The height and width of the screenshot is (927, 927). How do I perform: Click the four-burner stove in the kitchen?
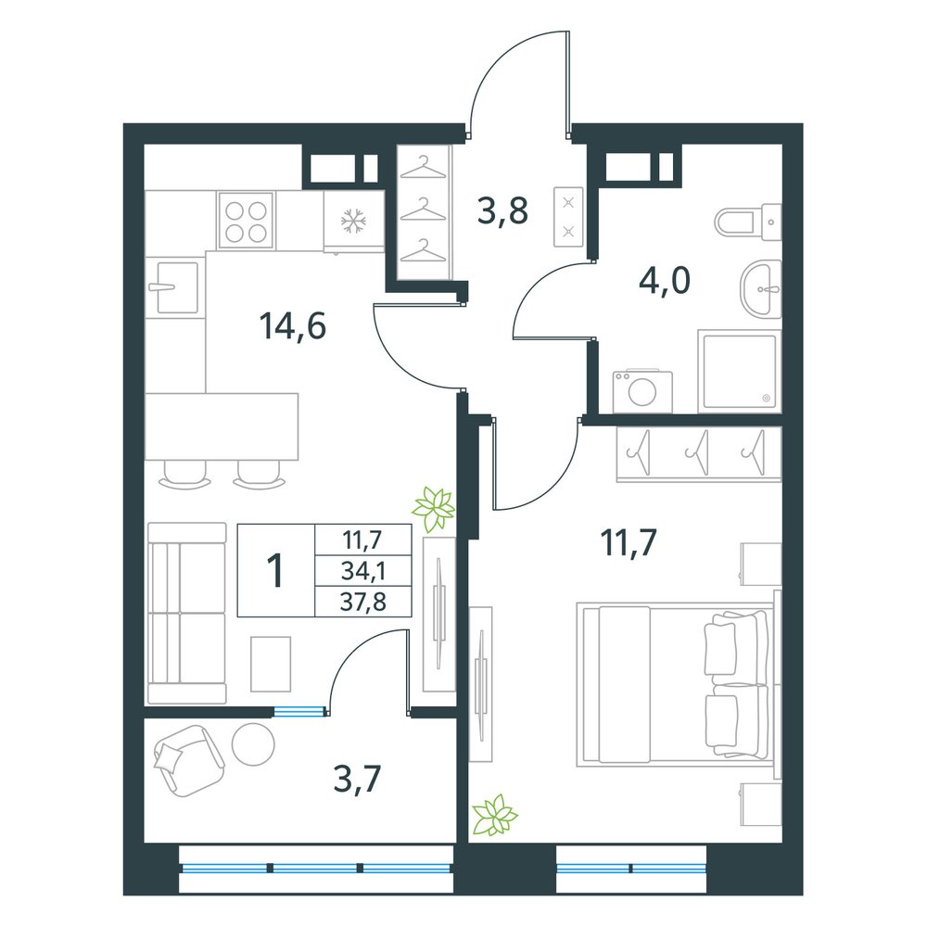[246, 220]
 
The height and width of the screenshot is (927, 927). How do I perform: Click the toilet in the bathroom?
[748, 222]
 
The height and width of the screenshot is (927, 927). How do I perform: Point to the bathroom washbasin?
[760, 289]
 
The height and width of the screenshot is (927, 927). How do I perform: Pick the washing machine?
[642, 391]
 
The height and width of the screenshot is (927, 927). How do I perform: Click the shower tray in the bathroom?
[740, 372]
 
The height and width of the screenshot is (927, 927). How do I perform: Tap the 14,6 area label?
[293, 326]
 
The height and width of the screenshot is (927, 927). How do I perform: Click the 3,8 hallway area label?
[502, 211]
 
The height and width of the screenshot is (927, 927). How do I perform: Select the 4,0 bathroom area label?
[665, 280]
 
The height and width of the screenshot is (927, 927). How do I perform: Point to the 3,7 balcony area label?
[357, 779]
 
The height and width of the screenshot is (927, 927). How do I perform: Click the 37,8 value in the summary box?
[363, 603]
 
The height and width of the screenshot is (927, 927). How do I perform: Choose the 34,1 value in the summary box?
[363, 571]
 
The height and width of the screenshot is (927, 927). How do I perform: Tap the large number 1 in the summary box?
[275, 570]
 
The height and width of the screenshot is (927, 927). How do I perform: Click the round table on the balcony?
[253, 743]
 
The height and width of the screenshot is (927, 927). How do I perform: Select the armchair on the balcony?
[188, 760]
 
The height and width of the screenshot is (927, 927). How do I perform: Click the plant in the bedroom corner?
[494, 815]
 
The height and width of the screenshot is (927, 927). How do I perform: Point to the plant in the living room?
[434, 508]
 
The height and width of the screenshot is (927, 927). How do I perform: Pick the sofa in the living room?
[187, 613]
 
